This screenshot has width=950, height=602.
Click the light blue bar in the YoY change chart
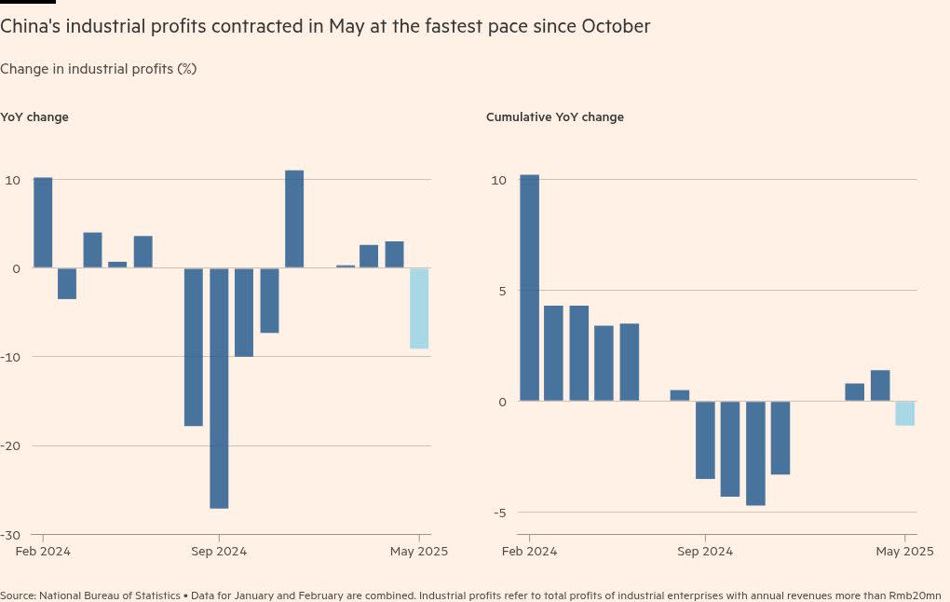pos(419,308)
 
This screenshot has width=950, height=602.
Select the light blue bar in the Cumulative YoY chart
pos(904,413)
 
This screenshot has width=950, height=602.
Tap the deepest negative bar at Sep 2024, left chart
pos(219,388)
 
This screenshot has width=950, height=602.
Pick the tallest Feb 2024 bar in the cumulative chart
pos(529,288)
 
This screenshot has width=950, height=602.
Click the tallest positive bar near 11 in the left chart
pos(294,219)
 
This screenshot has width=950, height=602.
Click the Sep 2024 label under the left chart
pos(219,552)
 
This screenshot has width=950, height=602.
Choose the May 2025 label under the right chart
pos(903,552)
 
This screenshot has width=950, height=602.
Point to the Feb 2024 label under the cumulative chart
pos(529,552)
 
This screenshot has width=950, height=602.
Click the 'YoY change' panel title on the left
pos(34,117)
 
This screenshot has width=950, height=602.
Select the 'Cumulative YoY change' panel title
pos(555,117)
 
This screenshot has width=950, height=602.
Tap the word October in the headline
pos(616,27)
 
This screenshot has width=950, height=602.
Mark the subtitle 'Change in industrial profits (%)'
pos(98,69)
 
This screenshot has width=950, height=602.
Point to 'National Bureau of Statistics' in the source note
pos(111,595)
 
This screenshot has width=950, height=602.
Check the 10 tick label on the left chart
pos(12,180)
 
